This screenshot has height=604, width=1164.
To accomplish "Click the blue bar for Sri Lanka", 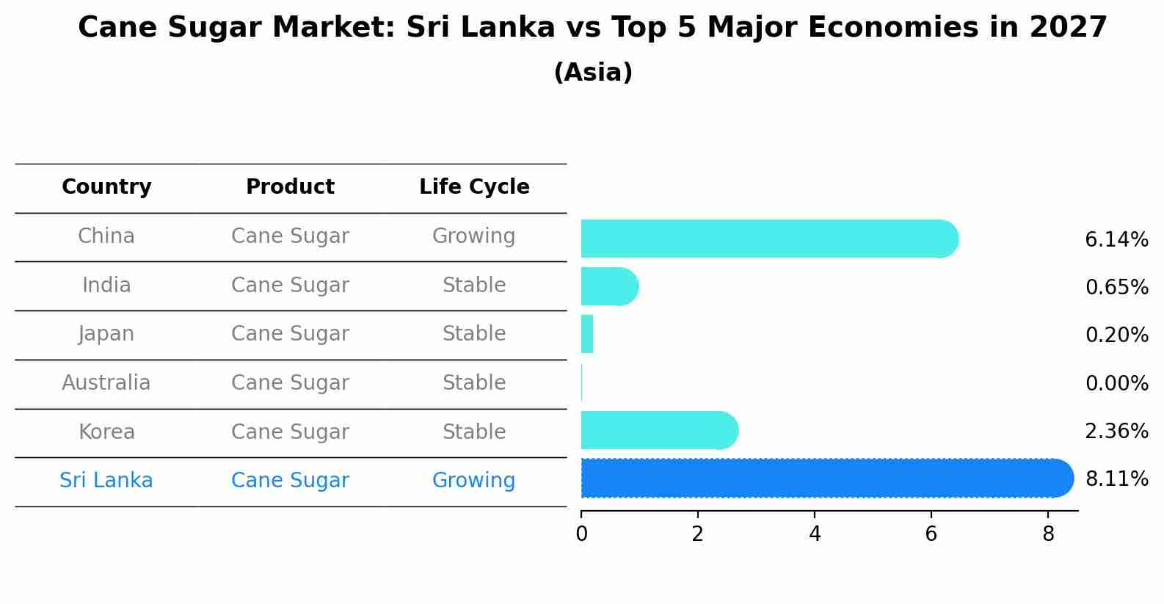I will click(x=826, y=479).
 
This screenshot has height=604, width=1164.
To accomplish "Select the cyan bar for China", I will click(x=767, y=239).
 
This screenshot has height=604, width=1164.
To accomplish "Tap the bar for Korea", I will click(x=657, y=430).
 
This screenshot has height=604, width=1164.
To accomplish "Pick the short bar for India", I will click(x=608, y=286).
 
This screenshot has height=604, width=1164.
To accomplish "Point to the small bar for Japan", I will click(x=587, y=334).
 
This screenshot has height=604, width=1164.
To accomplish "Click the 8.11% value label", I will click(x=1116, y=479).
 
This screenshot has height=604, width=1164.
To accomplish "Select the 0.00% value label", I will click(x=1116, y=383).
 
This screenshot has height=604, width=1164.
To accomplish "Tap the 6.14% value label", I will click(x=1116, y=239).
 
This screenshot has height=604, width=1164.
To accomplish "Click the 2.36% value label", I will click(x=1116, y=431).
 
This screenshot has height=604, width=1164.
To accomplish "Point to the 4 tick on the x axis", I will click(x=815, y=534).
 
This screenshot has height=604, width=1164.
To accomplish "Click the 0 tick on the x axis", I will click(x=581, y=534).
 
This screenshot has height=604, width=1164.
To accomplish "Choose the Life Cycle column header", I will click(x=474, y=187).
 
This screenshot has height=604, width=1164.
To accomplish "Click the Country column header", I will click(x=106, y=187).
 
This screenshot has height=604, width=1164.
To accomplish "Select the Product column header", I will click(x=290, y=187).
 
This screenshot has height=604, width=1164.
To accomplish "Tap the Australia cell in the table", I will click(x=106, y=382).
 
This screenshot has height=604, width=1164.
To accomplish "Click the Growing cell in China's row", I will click(x=473, y=236).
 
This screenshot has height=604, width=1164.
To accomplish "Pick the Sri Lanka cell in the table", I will click(x=106, y=481).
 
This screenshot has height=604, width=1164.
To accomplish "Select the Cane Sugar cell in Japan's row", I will click(x=290, y=334).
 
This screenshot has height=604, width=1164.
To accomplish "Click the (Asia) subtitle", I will click(x=593, y=73).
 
